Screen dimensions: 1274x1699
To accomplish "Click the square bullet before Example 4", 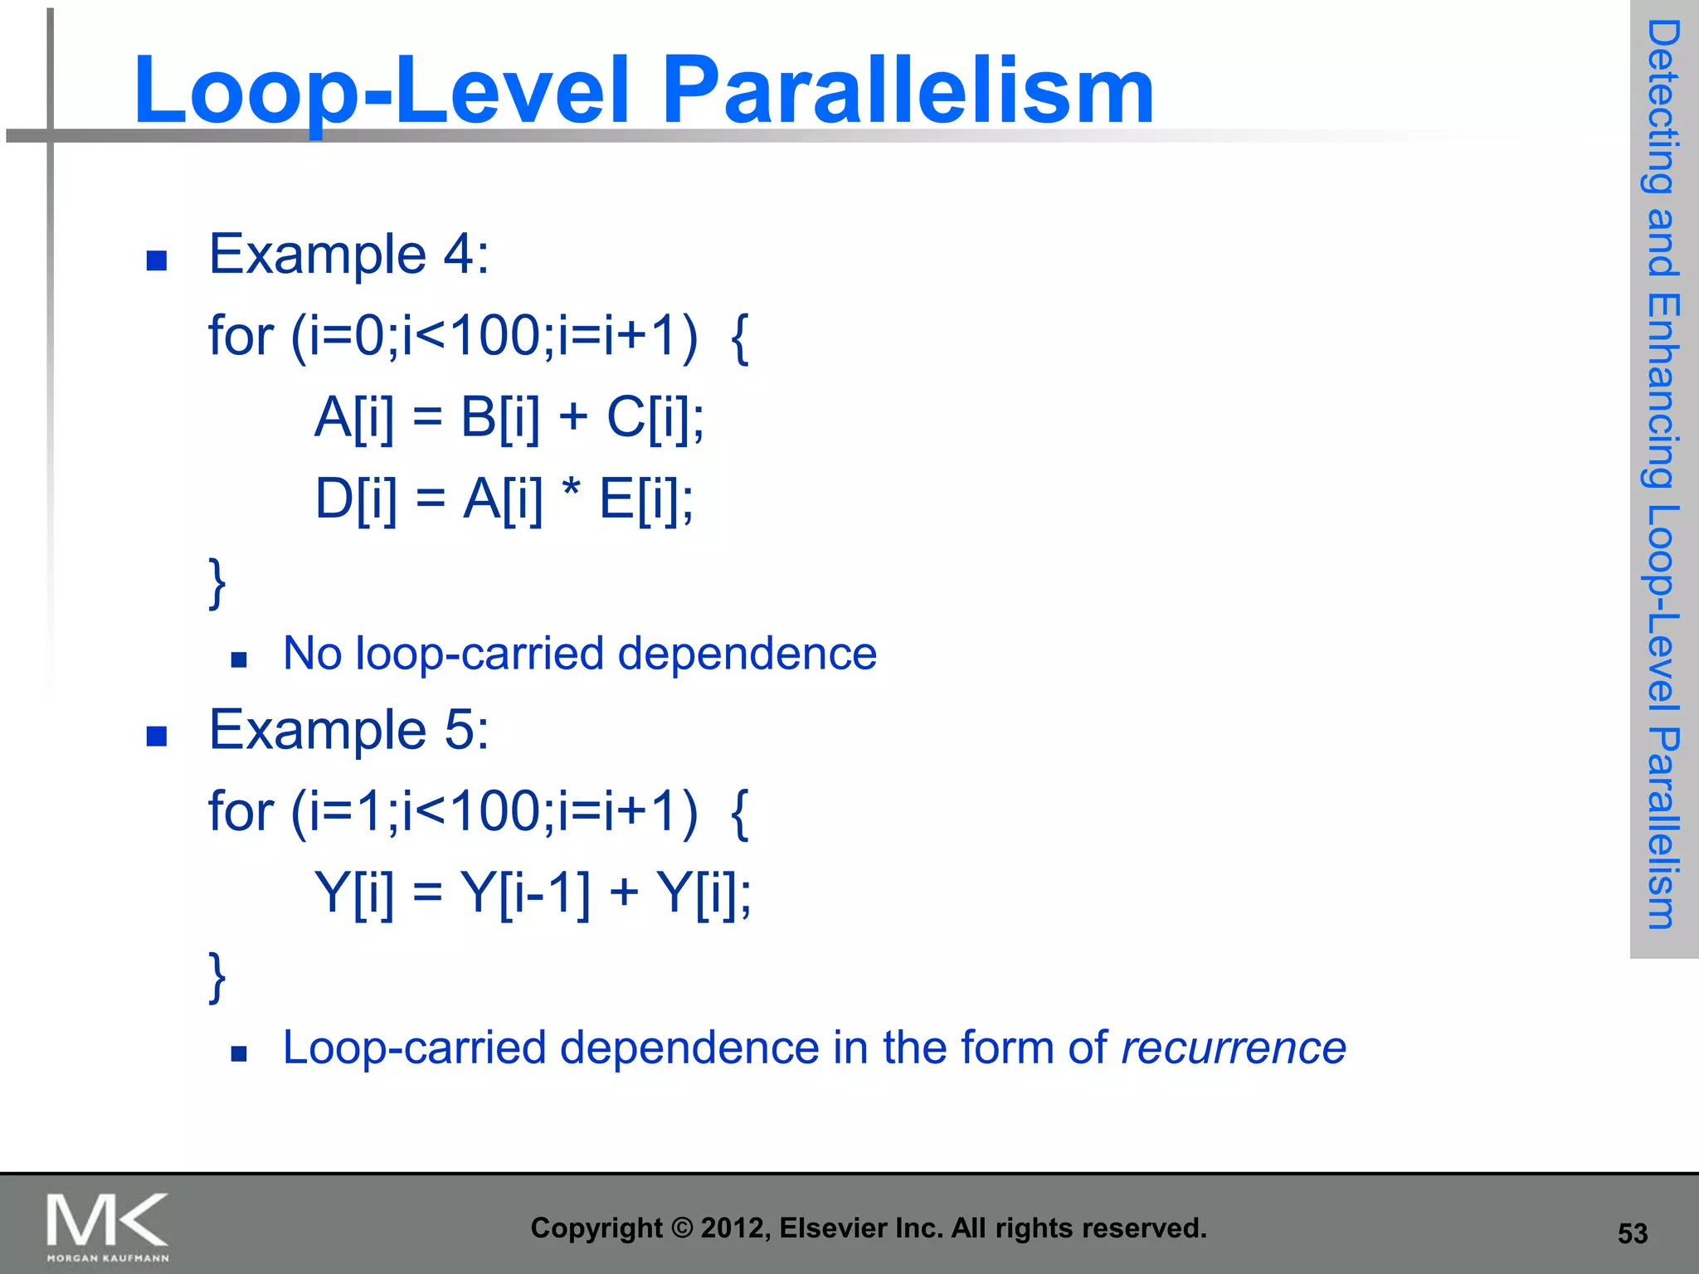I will pyautogui.click(x=156, y=261).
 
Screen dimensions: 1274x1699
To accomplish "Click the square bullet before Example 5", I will pyautogui.click(x=156, y=737).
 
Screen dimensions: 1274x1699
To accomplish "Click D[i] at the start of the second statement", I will pyautogui.click(x=355, y=499).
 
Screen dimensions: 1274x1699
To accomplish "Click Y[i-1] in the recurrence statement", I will pyautogui.click(x=525, y=892).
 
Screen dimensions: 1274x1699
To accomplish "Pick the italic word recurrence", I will pyautogui.click(x=1233, y=1048).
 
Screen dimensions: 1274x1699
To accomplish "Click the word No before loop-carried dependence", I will pyautogui.click(x=312, y=654).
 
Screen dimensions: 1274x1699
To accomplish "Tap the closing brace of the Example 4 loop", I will pyautogui.click(x=217, y=583).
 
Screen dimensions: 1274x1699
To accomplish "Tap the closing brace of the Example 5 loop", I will pyautogui.click(x=217, y=976).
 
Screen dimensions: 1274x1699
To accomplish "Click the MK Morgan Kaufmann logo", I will pyautogui.click(x=107, y=1227).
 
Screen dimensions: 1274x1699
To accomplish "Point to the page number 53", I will pyautogui.click(x=1632, y=1233).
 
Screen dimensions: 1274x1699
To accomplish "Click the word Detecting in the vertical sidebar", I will pyautogui.click(x=1662, y=108).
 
